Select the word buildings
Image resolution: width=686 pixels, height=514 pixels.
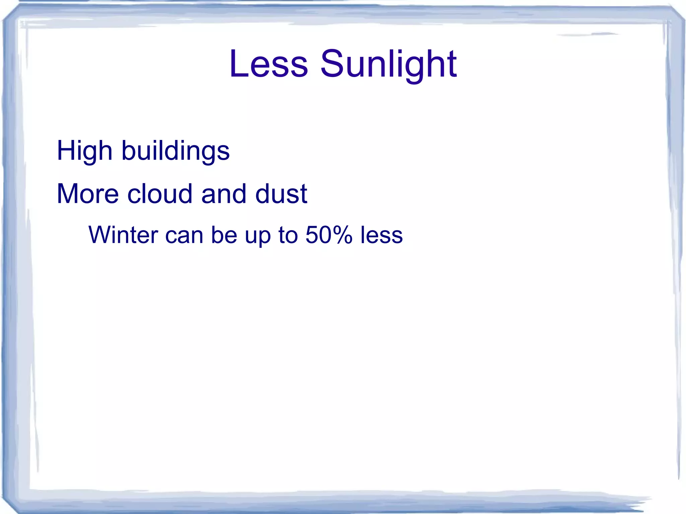(175, 151)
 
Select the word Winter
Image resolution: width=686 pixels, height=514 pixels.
(123, 235)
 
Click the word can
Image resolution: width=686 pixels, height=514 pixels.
(184, 235)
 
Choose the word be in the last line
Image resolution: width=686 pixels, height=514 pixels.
(223, 235)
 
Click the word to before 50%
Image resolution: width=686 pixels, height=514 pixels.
(288, 235)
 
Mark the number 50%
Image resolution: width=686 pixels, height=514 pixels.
(329, 235)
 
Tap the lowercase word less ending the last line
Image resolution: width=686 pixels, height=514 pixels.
(382, 235)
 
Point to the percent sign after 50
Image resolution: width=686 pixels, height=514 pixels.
(343, 235)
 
